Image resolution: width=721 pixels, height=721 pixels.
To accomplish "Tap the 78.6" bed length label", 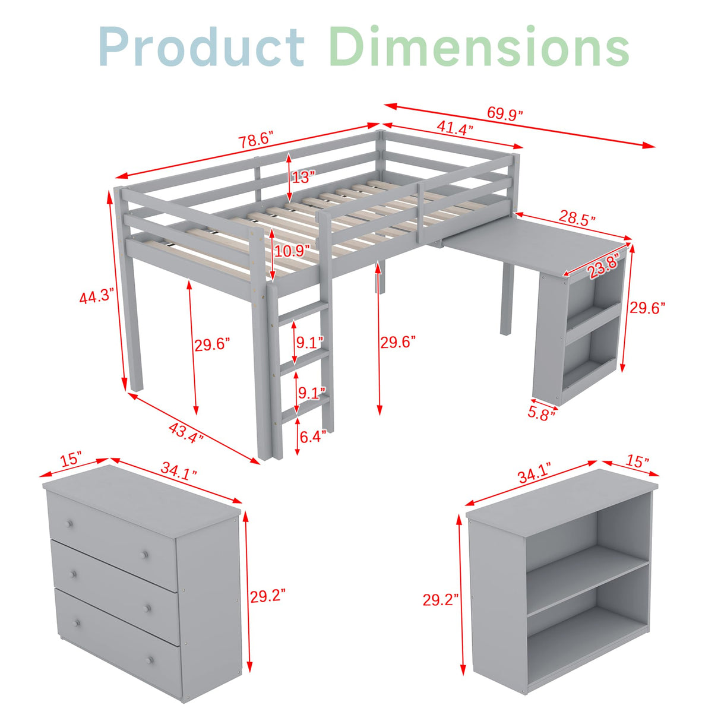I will click(255, 141).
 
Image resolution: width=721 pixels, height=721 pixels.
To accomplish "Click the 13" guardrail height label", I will click(303, 176).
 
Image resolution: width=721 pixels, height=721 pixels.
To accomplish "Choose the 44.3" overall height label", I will click(96, 295).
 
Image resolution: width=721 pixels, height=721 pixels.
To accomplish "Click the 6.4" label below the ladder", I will click(312, 437).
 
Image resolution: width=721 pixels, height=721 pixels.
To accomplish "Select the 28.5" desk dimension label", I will click(577, 218).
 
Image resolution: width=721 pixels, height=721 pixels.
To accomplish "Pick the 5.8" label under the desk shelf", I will click(541, 412).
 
